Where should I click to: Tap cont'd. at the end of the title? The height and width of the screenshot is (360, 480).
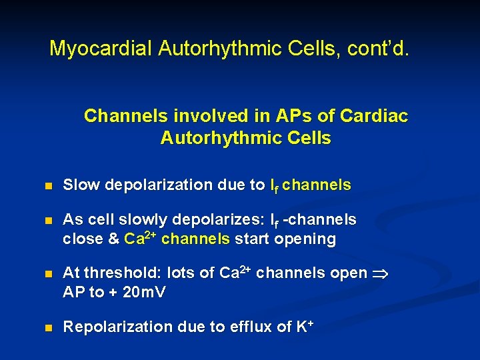click(379, 49)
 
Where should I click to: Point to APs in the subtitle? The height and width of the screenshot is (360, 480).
click(283, 116)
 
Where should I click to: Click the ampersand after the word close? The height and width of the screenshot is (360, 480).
click(113, 239)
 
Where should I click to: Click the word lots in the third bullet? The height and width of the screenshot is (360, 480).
click(182, 273)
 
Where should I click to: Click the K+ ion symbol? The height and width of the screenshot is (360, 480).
click(304, 326)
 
